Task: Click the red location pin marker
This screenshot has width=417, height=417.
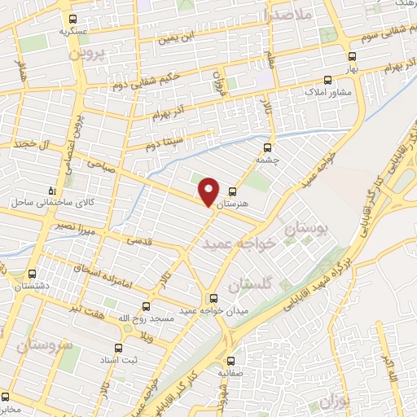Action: coord(209,191)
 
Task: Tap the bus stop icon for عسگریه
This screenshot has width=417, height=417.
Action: coord(73,19)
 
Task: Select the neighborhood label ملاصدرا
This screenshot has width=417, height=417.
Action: coord(290,14)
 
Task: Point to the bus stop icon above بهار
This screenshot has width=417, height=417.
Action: coord(352,57)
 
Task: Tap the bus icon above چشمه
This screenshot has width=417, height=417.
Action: coord(267,148)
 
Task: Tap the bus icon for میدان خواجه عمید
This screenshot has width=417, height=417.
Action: coord(213,298)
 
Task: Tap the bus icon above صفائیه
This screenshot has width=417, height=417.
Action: coord(230,360)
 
